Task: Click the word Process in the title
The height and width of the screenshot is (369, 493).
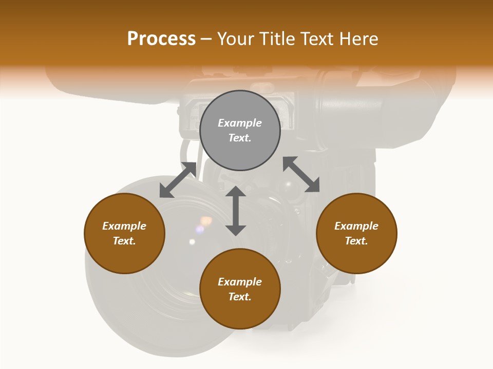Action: pos(161,39)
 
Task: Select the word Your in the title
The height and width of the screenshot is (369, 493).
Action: pos(234,39)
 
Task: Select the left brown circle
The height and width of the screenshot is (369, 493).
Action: pos(124,233)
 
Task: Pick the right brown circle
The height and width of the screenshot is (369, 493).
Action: pos(356,233)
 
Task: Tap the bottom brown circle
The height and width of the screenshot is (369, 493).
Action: pos(240,289)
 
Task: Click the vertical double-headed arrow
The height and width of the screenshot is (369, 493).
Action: pos(236,211)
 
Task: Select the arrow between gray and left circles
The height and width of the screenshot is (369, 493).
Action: pos(178,180)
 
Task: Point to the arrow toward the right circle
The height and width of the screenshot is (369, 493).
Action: pos(301,175)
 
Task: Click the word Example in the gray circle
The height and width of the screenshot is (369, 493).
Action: pos(240,123)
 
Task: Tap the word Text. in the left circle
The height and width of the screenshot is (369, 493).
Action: pos(124,241)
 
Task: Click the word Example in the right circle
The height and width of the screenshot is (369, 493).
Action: pos(356,226)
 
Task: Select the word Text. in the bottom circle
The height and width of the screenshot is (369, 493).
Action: pos(240,297)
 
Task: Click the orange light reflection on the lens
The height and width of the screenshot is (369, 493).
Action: pos(206,221)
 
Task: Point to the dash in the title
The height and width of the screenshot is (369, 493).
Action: pos(206,39)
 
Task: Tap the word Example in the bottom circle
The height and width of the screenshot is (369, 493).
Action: pos(240,282)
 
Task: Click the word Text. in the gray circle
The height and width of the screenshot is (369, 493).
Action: pos(240,138)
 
